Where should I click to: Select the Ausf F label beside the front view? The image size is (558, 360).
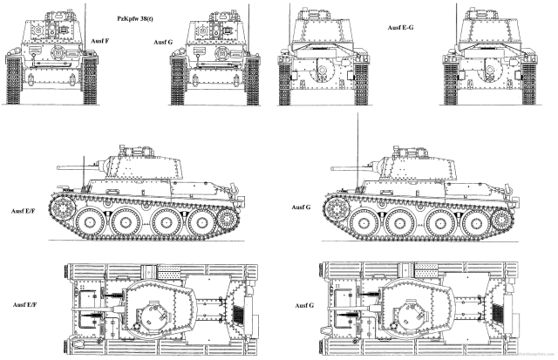coord(99,39)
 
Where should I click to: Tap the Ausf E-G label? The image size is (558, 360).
coord(402,28)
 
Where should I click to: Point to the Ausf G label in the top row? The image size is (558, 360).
coord(163,42)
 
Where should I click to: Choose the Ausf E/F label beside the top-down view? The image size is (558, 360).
coord(25,302)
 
